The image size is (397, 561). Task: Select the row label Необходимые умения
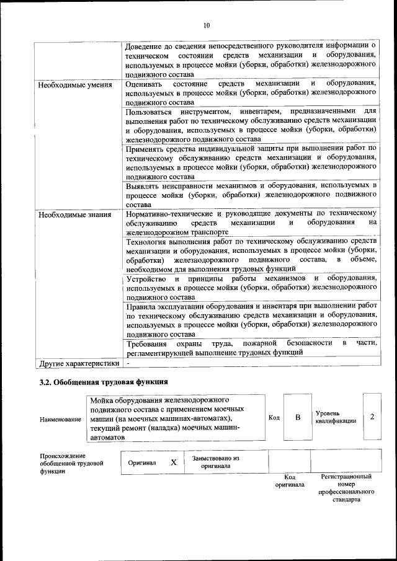coord(75,84)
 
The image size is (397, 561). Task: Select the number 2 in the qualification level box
coord(372,417)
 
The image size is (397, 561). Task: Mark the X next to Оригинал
coord(174,462)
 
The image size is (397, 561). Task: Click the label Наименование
coord(61,420)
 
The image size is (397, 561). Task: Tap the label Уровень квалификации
coord(336,417)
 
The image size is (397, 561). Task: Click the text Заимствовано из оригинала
coord(215,462)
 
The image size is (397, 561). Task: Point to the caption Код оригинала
coord(290,481)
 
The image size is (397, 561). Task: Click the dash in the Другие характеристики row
coord(127,363)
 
